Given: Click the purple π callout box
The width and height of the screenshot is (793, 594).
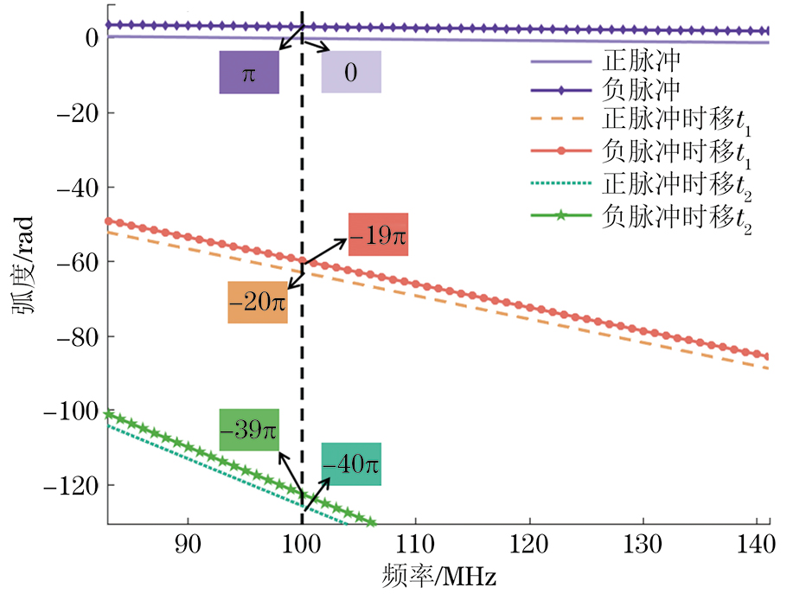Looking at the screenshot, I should pos(249,73).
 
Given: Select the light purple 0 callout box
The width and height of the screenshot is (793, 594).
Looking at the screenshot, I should pos(351,73).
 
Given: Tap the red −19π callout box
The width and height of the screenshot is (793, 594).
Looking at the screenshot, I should pos(378,234).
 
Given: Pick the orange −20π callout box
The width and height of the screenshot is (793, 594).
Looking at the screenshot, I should pos(258,303).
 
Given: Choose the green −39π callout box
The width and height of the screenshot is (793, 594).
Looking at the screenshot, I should pos(249,430).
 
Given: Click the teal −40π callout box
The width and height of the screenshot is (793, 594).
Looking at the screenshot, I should pos(351,464).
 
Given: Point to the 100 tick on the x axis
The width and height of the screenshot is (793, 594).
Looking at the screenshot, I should pos(302,547).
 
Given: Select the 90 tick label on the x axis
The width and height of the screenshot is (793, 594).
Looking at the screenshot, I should pos(189,547).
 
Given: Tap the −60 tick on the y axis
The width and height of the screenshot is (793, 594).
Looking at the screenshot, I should pos(74,261).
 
